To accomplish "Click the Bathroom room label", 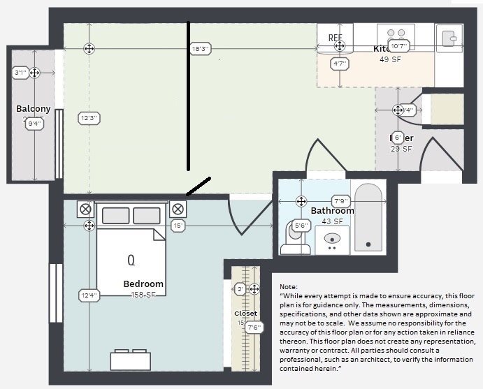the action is [x=332, y=210].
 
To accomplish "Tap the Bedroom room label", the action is [x=143, y=284].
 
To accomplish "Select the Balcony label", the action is [x=33, y=108].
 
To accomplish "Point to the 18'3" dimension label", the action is [x=200, y=49].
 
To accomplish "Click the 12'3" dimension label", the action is [x=88, y=119].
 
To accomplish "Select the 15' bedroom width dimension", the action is [x=178, y=226].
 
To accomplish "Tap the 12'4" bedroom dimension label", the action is [x=88, y=295].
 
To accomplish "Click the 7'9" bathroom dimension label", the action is [x=340, y=201].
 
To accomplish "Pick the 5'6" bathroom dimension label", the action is [x=301, y=226].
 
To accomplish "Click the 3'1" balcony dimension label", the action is [x=20, y=73].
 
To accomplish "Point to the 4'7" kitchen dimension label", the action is [x=340, y=64].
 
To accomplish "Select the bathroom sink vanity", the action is [x=332, y=240].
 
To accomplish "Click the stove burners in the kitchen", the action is [x=396, y=33].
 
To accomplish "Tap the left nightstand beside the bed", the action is [x=86, y=209].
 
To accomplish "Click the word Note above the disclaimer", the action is [x=288, y=287].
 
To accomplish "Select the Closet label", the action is [x=245, y=314].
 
